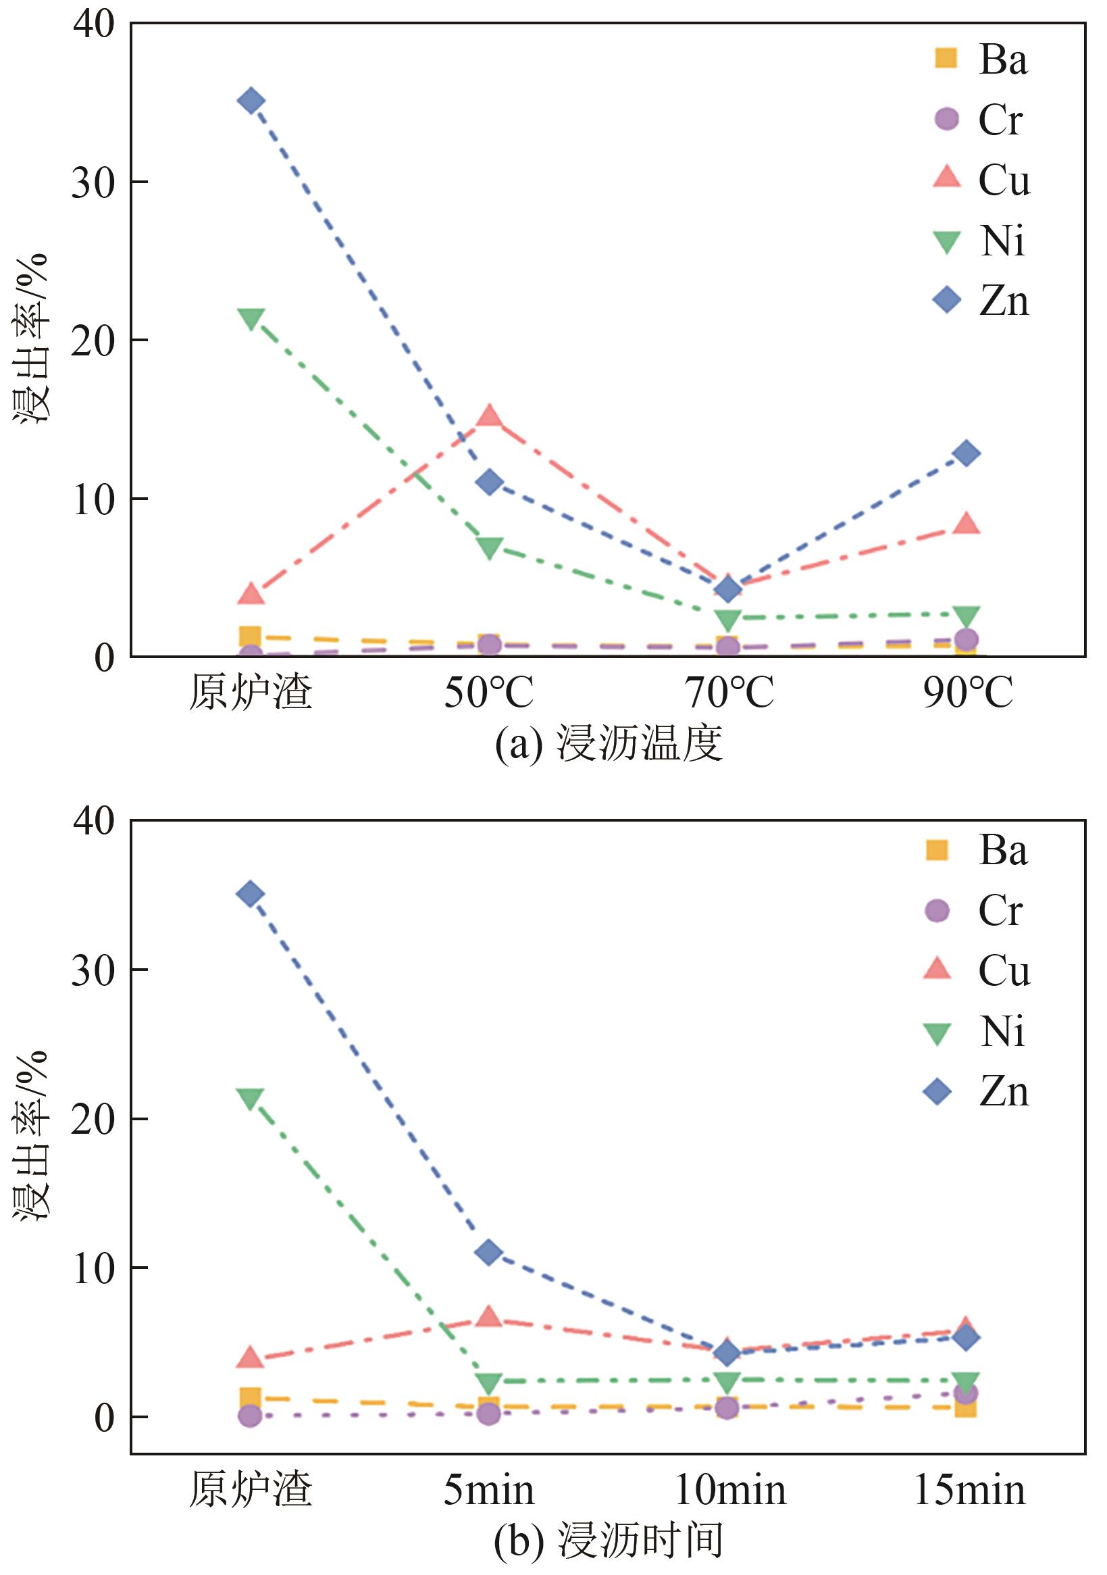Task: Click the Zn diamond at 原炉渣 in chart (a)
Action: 251,101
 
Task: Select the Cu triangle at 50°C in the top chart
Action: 489,416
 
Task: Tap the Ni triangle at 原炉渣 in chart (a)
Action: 251,319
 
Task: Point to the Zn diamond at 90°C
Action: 967,453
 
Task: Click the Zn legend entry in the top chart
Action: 981,301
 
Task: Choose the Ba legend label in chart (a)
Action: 1003,59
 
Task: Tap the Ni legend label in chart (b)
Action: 1002,1032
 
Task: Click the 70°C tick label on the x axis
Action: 729,693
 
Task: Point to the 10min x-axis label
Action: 729,1491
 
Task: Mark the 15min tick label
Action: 970,1491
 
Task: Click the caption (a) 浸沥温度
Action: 609,744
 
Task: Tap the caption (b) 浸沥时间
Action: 609,1541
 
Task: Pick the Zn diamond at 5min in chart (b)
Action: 489,1253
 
